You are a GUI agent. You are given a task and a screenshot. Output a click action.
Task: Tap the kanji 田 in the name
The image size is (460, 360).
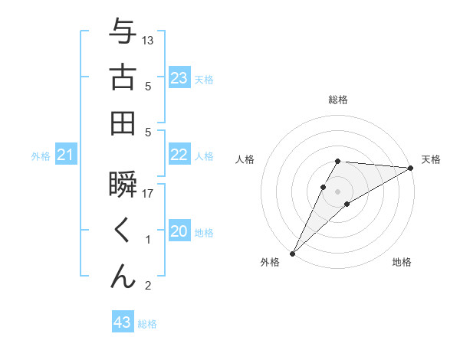[122, 123]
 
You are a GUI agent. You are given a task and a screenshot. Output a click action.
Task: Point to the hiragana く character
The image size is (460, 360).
[122, 231]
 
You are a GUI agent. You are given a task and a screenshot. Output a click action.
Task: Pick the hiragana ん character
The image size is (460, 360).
[122, 276]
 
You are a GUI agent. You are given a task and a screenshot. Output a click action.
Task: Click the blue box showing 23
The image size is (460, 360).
[179, 78]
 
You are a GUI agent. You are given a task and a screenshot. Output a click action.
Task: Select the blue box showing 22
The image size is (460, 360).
[179, 155]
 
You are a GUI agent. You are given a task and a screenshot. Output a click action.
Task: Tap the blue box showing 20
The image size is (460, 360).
[179, 231]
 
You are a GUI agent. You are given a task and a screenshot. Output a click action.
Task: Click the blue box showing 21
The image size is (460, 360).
[66, 155]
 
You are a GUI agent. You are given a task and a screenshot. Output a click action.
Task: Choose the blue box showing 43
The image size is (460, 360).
[123, 322]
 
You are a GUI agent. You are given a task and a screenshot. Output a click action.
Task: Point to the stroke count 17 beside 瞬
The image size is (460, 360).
[148, 194]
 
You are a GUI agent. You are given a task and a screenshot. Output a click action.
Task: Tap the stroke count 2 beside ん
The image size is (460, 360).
[148, 286]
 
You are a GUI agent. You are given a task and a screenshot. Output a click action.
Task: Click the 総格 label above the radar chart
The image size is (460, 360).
[338, 100]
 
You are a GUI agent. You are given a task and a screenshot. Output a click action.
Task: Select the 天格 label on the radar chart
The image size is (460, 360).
[431, 159]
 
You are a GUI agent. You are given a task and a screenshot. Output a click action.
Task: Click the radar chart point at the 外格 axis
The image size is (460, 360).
[292, 253]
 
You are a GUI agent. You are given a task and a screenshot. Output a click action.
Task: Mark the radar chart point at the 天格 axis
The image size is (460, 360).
[411, 168]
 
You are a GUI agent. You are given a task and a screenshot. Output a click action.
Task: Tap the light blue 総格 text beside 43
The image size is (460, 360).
[147, 324]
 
